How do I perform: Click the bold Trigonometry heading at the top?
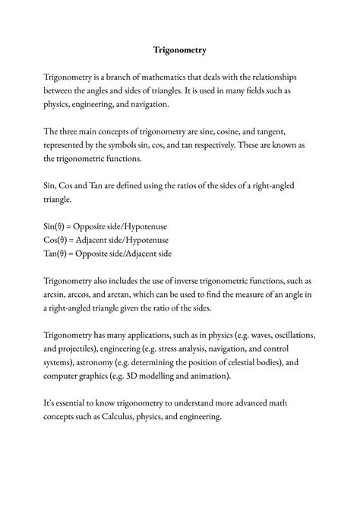(180, 51)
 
